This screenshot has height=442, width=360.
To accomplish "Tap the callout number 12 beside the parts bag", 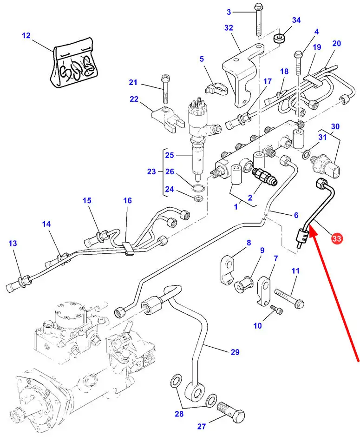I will coord(26,35).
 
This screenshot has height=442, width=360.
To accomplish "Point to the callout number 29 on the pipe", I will coord(235,352).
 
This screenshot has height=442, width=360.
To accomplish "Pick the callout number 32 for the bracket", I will coord(228,28).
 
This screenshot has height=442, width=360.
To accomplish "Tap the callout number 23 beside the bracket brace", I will coord(151,172).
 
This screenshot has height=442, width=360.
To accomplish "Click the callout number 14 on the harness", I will coord(46,224).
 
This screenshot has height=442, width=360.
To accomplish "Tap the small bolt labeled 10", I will coord(275,308).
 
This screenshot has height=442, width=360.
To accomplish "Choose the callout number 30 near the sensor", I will coord(335,127).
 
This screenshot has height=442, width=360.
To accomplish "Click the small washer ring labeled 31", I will coord(308,154).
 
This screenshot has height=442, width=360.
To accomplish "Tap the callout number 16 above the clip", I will coord(127,201).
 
